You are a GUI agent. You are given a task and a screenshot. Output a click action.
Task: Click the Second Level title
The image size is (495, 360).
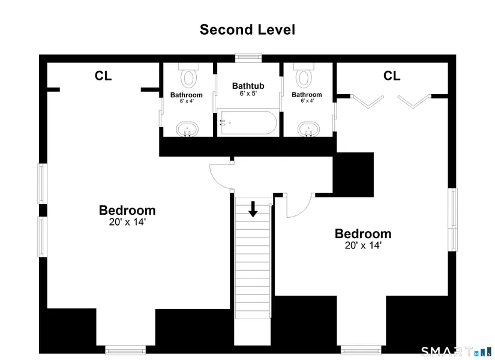coord(247,29)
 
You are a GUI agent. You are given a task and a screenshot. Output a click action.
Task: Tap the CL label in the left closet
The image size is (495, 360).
coord(103,76)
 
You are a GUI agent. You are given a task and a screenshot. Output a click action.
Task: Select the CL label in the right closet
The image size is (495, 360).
coord(392,76)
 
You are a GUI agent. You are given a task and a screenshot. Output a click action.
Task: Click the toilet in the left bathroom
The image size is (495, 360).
coord(189,75)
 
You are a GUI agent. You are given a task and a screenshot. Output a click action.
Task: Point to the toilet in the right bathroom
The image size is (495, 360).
coord(304,75)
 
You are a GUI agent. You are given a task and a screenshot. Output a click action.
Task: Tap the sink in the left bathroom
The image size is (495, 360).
coord(188,129)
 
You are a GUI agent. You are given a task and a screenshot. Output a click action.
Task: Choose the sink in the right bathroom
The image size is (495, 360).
coord(309,129)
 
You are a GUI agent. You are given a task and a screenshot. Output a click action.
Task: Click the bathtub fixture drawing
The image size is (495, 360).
coord(248,122)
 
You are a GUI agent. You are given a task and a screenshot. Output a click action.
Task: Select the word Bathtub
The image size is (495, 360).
coord(248,86)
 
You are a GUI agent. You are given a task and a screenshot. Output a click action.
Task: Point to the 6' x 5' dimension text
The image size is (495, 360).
coord(248,94)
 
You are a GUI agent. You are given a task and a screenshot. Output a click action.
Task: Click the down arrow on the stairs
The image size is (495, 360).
coord(253,209)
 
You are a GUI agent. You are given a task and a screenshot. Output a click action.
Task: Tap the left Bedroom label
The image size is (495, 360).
coord(127,211)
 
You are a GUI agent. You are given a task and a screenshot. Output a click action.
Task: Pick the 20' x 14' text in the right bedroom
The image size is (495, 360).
coord(363,245)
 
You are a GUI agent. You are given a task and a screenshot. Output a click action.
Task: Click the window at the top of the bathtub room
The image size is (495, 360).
coord(248,58)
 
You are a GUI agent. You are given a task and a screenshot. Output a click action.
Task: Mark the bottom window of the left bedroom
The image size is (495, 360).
coord(125,350)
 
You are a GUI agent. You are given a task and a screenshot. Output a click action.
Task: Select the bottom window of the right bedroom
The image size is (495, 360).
coord(361,350)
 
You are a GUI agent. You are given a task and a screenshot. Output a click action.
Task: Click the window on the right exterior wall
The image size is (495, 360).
coord(452,220)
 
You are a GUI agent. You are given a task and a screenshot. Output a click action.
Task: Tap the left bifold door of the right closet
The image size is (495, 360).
coord(367,101)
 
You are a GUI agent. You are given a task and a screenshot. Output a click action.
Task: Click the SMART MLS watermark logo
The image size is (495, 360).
coord(456,352)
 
